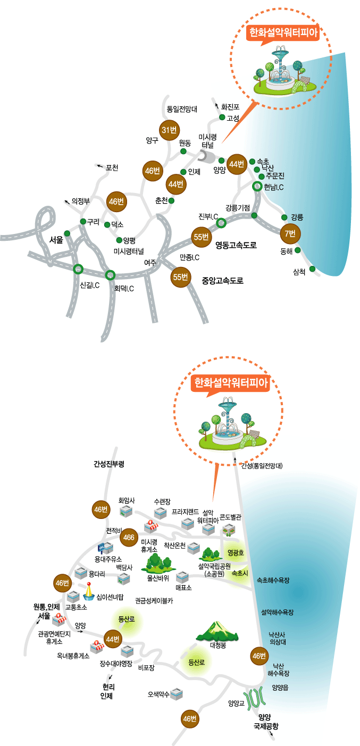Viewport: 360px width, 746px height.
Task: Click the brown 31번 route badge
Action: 170,129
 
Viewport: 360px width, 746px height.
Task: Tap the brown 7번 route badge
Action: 290,233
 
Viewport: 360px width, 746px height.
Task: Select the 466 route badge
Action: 129,537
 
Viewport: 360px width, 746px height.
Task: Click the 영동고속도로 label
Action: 236,245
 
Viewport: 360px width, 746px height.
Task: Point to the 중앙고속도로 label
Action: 222,280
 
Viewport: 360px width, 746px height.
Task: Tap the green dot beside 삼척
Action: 313,269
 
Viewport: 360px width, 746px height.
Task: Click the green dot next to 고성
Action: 222,117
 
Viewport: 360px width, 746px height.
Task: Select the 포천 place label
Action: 111,168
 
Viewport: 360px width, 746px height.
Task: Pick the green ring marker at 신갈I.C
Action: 78,269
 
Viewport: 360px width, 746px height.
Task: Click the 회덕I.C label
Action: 124,289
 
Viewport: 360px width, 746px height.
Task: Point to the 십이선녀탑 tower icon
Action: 89,591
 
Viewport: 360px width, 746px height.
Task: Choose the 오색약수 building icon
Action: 178,694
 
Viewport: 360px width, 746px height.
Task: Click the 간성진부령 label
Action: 108,464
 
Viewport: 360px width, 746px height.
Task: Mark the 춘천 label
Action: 161,200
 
